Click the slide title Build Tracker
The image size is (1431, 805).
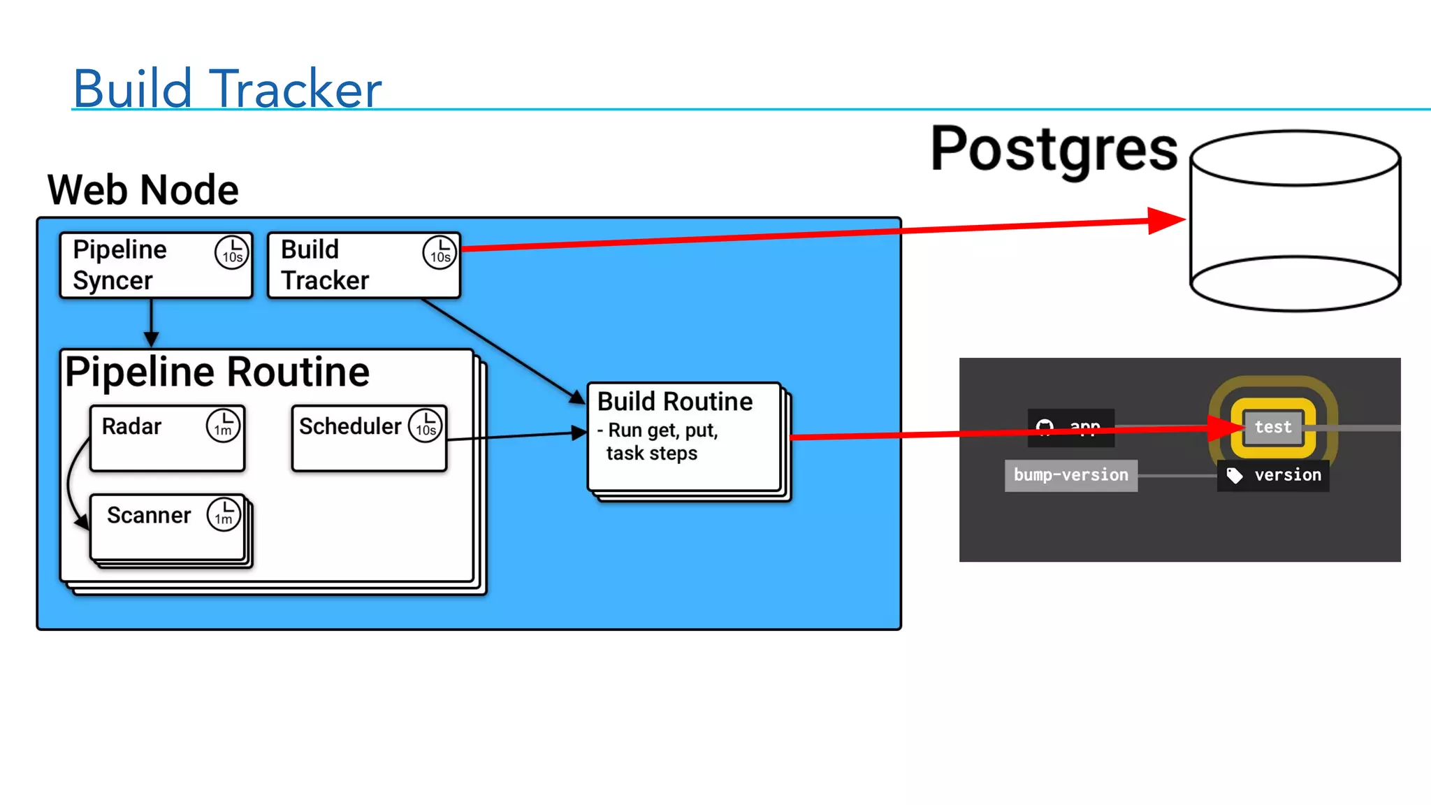click(x=227, y=89)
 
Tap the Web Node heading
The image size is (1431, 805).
click(x=143, y=190)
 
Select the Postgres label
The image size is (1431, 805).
click(x=1054, y=150)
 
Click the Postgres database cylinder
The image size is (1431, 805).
click(x=1295, y=221)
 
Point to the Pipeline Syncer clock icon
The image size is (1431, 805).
click(x=232, y=252)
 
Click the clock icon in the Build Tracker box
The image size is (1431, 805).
click(x=440, y=252)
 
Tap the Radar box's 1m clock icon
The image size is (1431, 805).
click(x=223, y=426)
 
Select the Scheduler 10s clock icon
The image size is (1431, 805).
click(x=426, y=426)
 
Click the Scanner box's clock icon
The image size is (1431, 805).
click(x=224, y=514)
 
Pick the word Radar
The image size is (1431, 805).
click(x=131, y=426)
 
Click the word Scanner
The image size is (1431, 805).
click(x=149, y=516)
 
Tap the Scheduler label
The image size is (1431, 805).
click(x=349, y=426)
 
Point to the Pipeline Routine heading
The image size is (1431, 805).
click(x=217, y=372)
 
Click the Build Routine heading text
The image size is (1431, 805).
click(x=675, y=402)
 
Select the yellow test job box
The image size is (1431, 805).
click(x=1273, y=427)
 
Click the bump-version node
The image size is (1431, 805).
click(x=1070, y=475)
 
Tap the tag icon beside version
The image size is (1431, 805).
click(x=1235, y=475)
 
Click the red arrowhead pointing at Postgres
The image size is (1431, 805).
click(x=1166, y=221)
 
